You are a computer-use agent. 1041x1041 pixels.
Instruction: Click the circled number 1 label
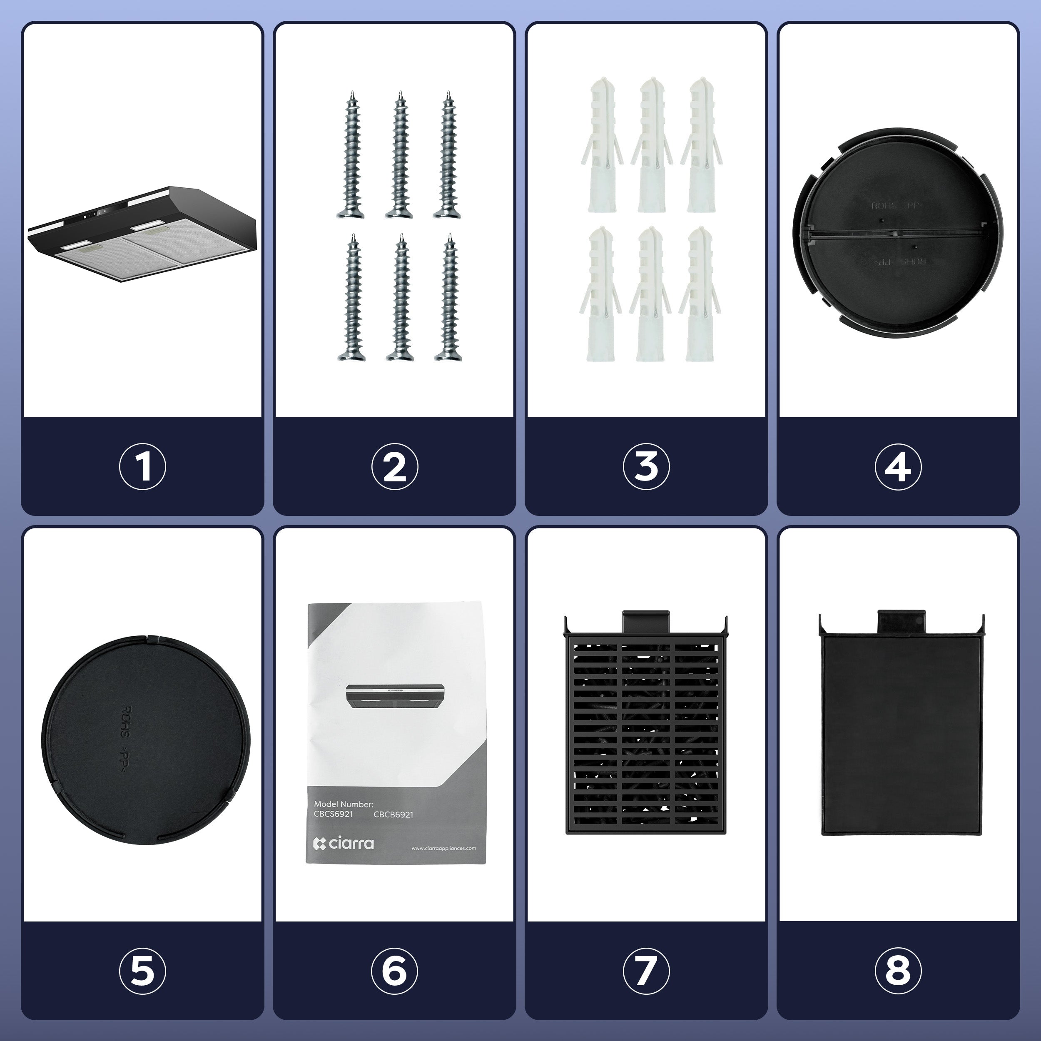tap(142, 467)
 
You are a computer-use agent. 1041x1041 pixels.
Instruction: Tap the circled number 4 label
tap(898, 467)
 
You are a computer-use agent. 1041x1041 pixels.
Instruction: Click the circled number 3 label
tap(646, 467)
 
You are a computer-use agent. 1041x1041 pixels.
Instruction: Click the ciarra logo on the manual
tap(344, 843)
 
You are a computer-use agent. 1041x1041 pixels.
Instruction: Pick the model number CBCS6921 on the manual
tap(333, 814)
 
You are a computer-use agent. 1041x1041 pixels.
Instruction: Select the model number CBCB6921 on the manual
tap(393, 815)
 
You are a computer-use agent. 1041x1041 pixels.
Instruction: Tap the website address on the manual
tap(443, 848)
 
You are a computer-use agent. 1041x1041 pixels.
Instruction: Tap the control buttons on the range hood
tap(94, 214)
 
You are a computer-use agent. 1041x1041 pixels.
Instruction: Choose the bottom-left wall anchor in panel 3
tap(601, 294)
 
